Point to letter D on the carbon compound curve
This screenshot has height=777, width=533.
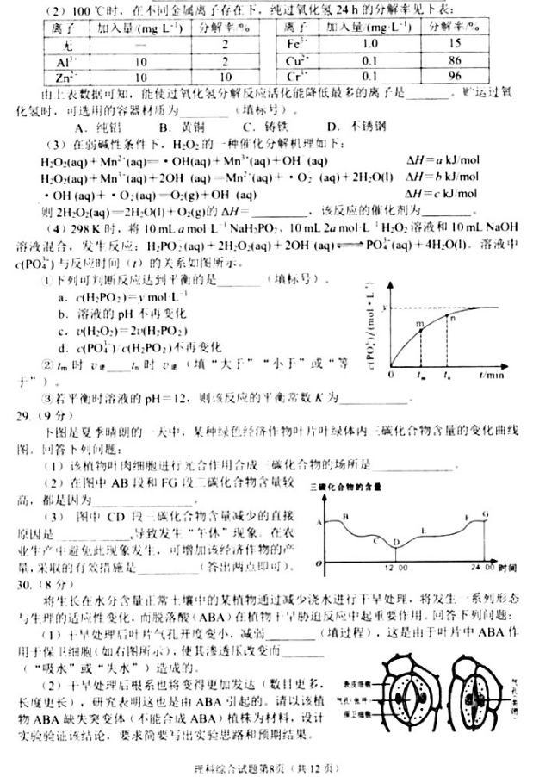click(394, 543)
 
